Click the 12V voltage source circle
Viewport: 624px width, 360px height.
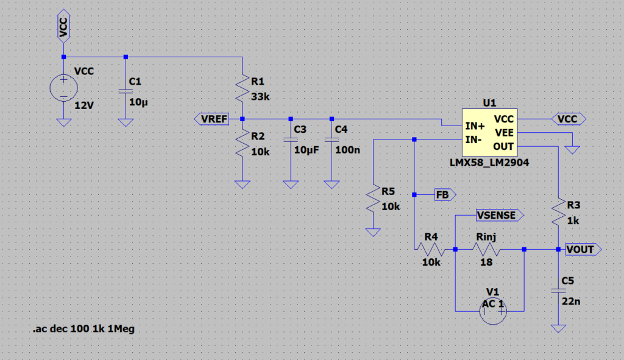point(63,88)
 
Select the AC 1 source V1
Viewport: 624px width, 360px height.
point(493,311)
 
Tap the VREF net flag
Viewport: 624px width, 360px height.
point(211,119)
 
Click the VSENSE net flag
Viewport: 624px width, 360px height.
point(500,215)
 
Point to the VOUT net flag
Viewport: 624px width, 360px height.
point(583,249)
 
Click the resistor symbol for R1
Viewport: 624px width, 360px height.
point(243,88)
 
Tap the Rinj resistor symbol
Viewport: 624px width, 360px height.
point(486,249)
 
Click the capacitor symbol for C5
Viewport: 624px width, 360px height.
point(558,291)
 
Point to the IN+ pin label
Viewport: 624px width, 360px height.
point(475,126)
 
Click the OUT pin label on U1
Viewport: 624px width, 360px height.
point(503,147)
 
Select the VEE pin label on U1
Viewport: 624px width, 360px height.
point(504,133)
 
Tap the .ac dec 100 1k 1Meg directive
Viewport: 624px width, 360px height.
point(83,329)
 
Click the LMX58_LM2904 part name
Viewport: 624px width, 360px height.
point(489,163)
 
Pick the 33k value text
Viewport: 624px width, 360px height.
point(260,97)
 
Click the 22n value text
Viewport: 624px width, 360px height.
point(571,302)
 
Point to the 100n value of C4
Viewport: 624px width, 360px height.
point(347,150)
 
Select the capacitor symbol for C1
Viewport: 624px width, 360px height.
point(126,91)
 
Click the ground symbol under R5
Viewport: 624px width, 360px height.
point(373,232)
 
